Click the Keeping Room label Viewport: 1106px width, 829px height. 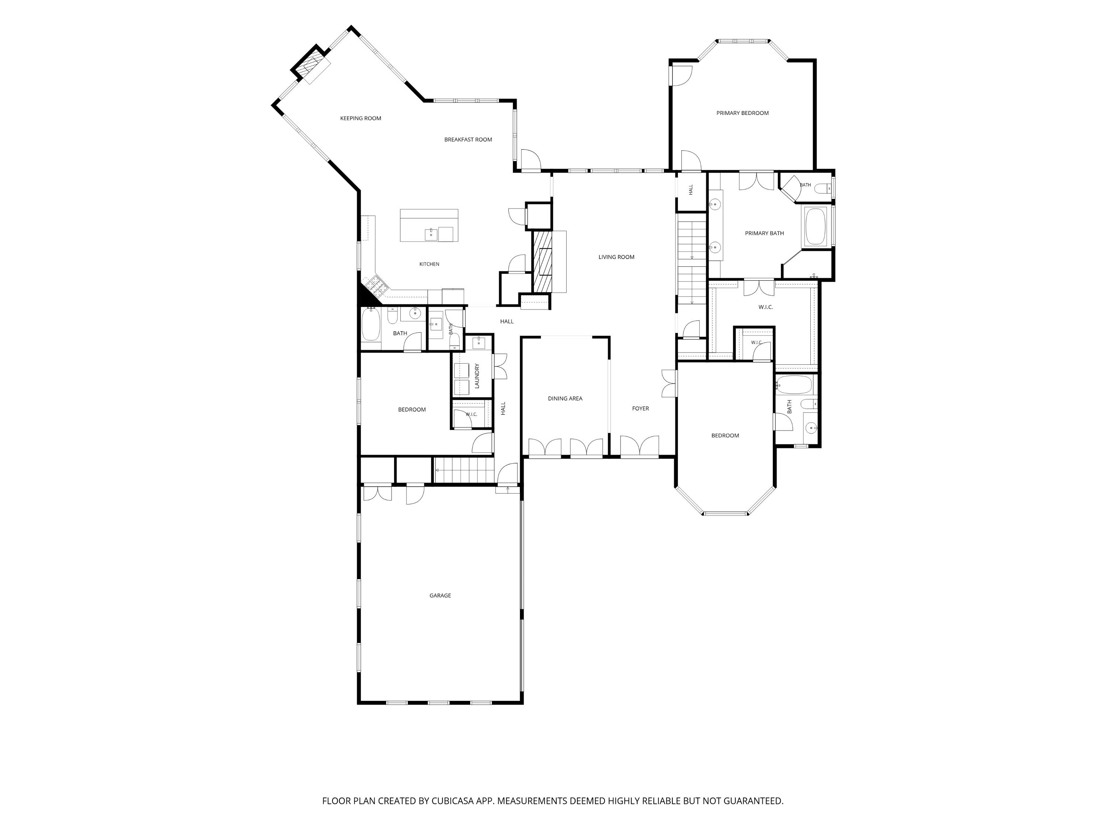coord(361,118)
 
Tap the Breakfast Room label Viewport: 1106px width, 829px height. coord(468,139)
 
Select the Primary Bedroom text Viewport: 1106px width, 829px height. coord(742,113)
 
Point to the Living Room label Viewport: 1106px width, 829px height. coord(616,257)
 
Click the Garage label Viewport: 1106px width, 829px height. coord(440,595)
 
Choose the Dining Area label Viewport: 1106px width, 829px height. coord(565,398)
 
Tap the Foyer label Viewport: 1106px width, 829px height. coord(640,408)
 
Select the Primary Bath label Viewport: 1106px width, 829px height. coord(765,233)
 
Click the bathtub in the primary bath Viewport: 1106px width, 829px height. coord(815,227)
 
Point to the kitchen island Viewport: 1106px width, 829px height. coord(429,225)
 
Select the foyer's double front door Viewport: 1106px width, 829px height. coord(640,446)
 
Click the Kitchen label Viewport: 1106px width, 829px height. coord(429,264)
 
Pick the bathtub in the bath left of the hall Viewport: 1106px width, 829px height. coord(371,324)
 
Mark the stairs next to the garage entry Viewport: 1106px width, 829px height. coord(463,470)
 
